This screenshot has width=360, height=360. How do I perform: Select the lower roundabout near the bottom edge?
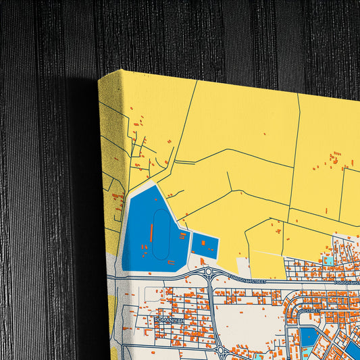click(x=221, y=351)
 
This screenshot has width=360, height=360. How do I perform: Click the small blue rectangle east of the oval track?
click(x=205, y=245)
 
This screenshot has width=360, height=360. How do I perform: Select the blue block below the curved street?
click(x=309, y=336)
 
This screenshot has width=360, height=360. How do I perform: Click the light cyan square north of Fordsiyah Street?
click(x=328, y=259)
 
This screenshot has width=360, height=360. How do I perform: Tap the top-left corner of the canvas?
click(x=99, y=77)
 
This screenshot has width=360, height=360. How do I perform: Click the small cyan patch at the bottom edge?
click(x=260, y=356)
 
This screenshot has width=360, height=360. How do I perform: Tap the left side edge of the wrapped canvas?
click(x=111, y=203)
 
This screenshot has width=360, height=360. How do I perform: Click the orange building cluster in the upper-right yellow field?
click(x=336, y=158)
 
